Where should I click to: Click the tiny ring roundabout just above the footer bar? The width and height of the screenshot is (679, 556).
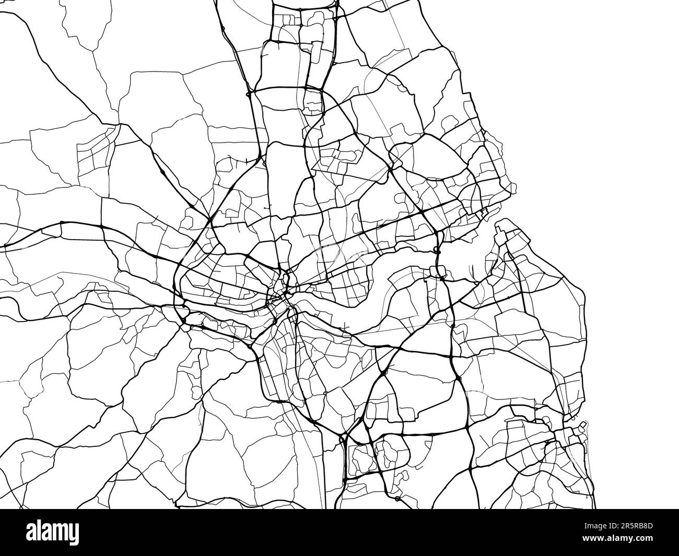click(x=398, y=499)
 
